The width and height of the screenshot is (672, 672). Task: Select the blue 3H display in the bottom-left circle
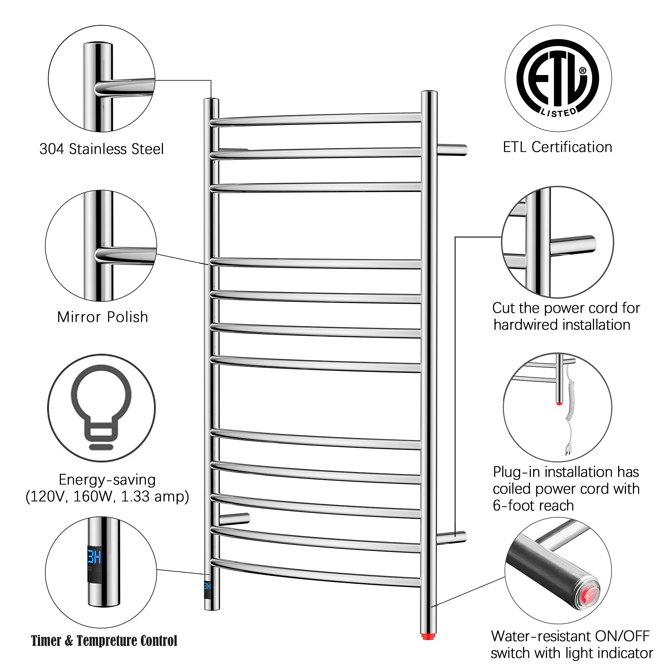pyautogui.click(x=94, y=557)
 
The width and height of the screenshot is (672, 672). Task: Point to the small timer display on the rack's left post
pyautogui.click(x=207, y=586)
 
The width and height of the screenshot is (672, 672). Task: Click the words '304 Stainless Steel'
pyautogui.click(x=101, y=149)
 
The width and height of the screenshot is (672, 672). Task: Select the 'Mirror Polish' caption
pyautogui.click(x=102, y=317)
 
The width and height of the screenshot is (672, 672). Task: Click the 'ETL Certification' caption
pyautogui.click(x=557, y=147)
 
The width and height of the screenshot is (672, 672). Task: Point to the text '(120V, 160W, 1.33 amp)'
pyautogui.click(x=108, y=496)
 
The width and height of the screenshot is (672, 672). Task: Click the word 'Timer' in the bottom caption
pyautogui.click(x=46, y=641)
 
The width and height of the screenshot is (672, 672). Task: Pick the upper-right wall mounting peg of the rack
pyautogui.click(x=452, y=150)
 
